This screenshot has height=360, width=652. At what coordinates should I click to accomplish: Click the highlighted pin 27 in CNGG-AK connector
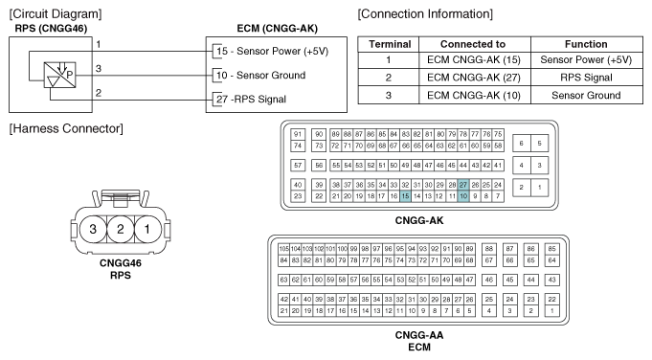point(463,185)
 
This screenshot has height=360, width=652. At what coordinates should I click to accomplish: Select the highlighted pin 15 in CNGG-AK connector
point(405,196)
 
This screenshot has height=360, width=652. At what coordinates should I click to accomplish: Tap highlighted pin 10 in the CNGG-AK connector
point(463,196)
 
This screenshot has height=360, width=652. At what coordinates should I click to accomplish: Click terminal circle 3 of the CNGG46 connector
point(93,229)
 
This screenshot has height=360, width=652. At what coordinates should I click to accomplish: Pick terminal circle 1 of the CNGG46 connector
point(147,229)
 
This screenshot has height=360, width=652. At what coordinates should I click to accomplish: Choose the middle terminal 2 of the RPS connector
point(121,229)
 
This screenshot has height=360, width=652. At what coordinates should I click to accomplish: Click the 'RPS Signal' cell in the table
point(586,78)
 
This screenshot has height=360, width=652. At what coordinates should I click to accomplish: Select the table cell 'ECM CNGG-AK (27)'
point(474,78)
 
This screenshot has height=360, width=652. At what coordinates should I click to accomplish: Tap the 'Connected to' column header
point(474,44)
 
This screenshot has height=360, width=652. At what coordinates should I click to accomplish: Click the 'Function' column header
point(586,44)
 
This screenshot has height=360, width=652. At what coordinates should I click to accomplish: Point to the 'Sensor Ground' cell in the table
point(586,95)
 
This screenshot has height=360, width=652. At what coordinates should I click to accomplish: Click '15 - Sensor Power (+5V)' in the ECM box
point(272,51)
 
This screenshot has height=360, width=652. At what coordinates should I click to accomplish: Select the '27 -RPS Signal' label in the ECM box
point(251,100)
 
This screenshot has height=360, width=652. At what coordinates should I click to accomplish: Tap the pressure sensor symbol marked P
point(60,75)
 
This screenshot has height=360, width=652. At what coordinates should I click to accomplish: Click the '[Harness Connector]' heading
point(66,128)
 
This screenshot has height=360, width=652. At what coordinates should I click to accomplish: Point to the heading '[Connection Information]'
point(425,14)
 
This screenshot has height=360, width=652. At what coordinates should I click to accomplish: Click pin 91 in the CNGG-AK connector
point(298,134)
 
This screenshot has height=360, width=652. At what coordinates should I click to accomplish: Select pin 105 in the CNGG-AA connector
point(283,249)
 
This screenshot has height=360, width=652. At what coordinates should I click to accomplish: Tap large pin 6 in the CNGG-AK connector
point(522,144)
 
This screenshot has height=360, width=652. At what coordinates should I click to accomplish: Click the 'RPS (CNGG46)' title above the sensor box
point(51,29)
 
